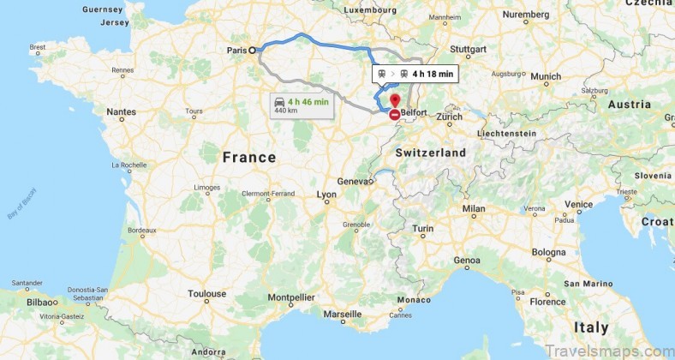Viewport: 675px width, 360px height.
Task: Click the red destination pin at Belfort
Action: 394,102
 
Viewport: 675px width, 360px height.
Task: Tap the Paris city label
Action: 236,51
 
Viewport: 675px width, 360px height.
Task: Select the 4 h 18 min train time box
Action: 415,74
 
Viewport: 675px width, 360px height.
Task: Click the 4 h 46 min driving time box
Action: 290,105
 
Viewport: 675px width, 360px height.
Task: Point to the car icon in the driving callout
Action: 280,103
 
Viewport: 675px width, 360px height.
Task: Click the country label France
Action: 249,158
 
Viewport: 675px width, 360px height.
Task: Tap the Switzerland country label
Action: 431,153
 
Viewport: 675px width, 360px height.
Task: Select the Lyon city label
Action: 327,195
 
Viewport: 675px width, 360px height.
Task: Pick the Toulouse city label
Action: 207,294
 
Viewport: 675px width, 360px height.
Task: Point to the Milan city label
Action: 474,208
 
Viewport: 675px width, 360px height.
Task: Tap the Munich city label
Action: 546,76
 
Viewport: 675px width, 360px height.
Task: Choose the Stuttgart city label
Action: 468,49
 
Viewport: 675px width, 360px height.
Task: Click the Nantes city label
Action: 121,111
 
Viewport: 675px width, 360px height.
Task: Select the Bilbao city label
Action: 41,303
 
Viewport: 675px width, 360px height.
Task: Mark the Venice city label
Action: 578,204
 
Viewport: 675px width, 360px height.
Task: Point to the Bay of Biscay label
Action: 24,204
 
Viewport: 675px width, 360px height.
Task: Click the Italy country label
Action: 591,327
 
